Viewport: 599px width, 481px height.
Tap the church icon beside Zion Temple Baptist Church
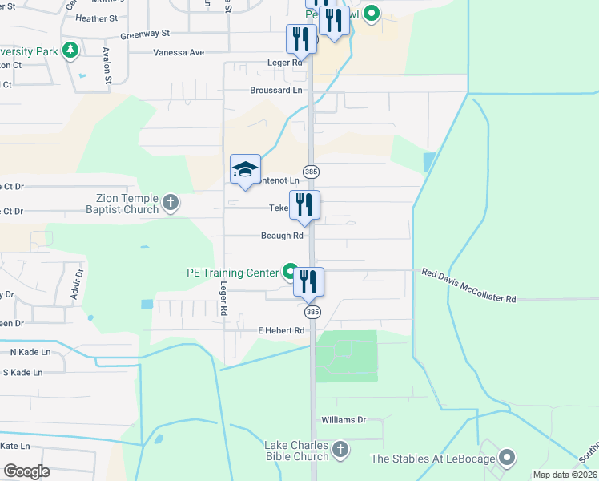tap(171, 203)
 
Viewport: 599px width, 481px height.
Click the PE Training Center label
tap(231, 273)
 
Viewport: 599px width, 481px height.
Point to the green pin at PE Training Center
tap(289, 273)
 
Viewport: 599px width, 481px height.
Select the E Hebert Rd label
tap(281, 330)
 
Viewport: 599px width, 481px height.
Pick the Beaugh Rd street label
tap(281, 236)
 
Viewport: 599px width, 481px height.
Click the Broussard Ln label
tap(275, 91)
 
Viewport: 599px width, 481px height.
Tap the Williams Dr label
tap(343, 419)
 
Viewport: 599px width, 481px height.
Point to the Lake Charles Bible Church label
tap(296, 451)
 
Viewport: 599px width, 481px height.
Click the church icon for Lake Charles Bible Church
tap(340, 450)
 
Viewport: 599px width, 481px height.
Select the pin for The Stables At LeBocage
tap(506, 458)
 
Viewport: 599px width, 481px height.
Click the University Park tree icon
tap(70, 51)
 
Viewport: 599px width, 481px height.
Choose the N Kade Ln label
tap(30, 352)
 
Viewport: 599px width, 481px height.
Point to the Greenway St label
tap(145, 34)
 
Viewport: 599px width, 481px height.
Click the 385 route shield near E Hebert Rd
tap(312, 312)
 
